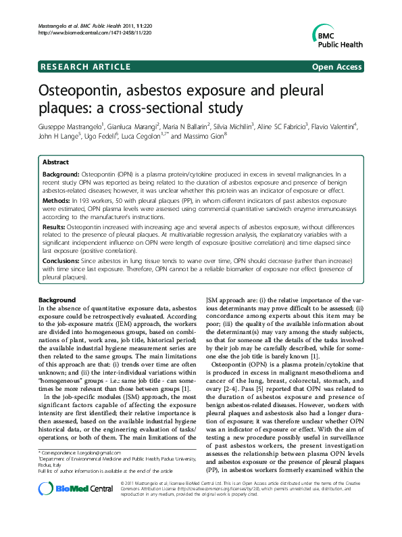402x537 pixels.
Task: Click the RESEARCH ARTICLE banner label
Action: point(85,66)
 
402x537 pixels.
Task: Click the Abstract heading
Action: point(55,163)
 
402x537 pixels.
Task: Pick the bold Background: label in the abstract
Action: point(62,174)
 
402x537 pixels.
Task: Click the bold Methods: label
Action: point(57,201)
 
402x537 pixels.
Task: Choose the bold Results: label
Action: point(56,228)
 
